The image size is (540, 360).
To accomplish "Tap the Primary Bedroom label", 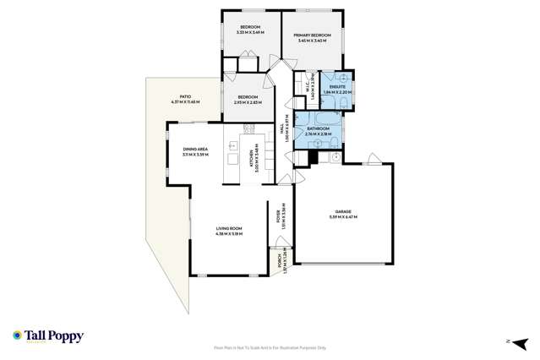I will tap(311, 35).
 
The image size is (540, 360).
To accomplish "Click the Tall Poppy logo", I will tap(48, 335).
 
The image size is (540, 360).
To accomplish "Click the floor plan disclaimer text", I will tap(269, 347).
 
